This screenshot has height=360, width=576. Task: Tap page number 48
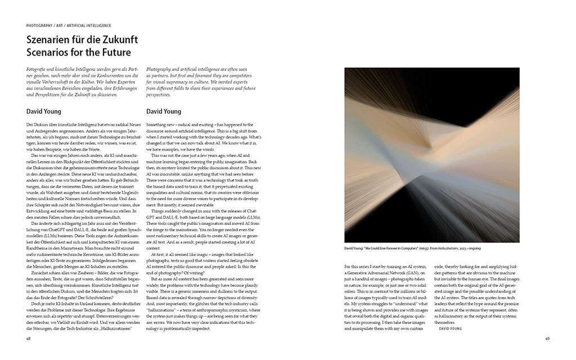coord(29,339)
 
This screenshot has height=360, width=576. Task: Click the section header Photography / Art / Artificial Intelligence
coord(69,26)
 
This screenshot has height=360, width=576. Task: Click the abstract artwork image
coord(431,155)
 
